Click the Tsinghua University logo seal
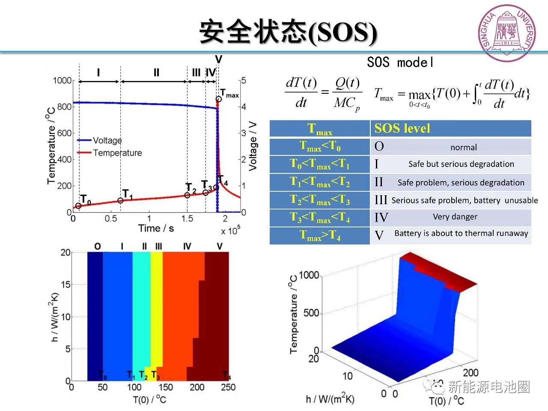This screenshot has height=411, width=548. [507, 33]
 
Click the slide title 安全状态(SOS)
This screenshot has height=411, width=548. [288, 33]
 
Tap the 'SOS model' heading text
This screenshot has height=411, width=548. [400, 63]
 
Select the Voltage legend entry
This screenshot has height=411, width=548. [107, 140]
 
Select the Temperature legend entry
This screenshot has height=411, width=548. [117, 153]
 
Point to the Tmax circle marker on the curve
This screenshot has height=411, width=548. [218, 99]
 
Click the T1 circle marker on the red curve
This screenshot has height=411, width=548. [120, 200]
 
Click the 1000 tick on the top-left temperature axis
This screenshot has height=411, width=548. [62, 80]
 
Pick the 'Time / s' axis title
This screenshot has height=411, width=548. [156, 228]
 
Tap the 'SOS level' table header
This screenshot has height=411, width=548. [402, 128]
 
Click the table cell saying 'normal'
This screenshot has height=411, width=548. [463, 147]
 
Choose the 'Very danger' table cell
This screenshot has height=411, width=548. [455, 217]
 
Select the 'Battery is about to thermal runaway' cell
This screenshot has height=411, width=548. [461, 233]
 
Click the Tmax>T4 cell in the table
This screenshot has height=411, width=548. [320, 235]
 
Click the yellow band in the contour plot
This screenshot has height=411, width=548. [156, 308]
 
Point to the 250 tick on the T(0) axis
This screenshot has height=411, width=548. [228, 387]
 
